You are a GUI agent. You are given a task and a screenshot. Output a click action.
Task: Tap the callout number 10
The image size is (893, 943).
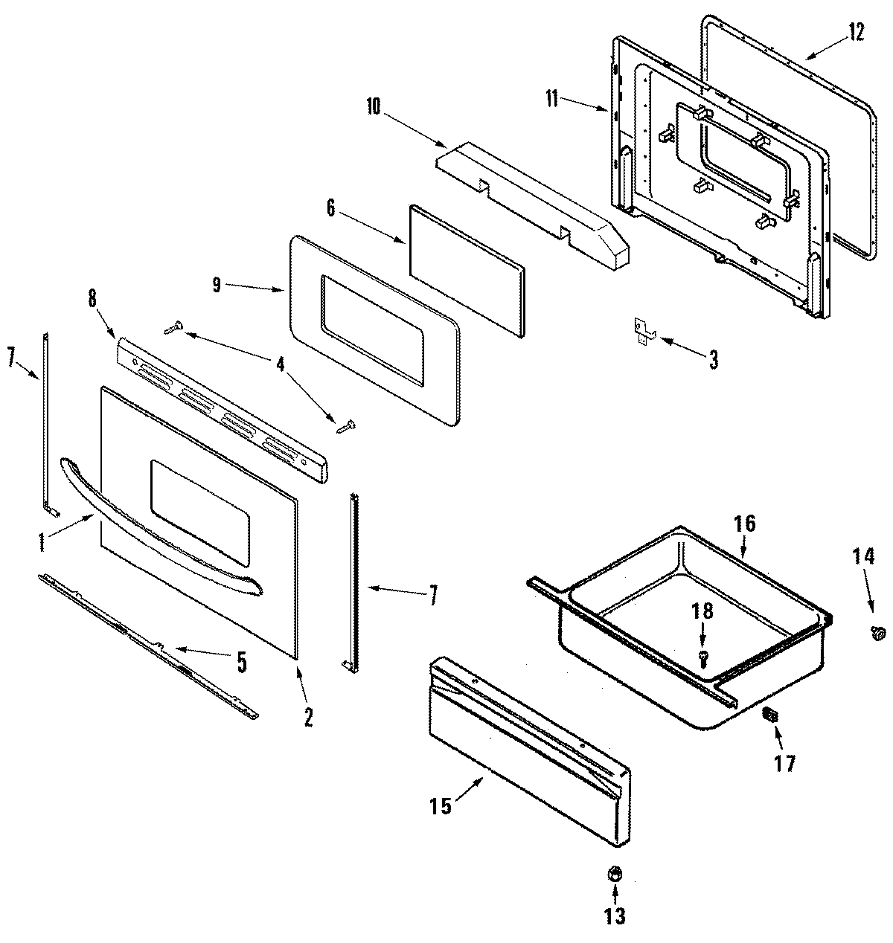pyautogui.click(x=373, y=106)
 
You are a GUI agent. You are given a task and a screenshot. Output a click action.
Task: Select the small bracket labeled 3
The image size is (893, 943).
pyautogui.click(x=641, y=329)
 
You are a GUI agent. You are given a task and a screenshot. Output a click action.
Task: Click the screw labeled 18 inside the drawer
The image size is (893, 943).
pyautogui.click(x=703, y=655)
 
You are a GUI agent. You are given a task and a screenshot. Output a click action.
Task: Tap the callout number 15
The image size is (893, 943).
pyautogui.click(x=441, y=806)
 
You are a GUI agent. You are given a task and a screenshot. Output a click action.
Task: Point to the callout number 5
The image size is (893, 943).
pyautogui.click(x=242, y=662)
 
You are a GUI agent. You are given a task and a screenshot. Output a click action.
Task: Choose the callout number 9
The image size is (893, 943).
pyautogui.click(x=217, y=286)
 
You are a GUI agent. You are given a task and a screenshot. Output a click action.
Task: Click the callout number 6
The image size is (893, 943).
pyautogui.click(x=331, y=209)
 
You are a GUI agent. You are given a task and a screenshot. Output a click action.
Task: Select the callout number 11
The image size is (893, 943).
pyautogui.click(x=551, y=99)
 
